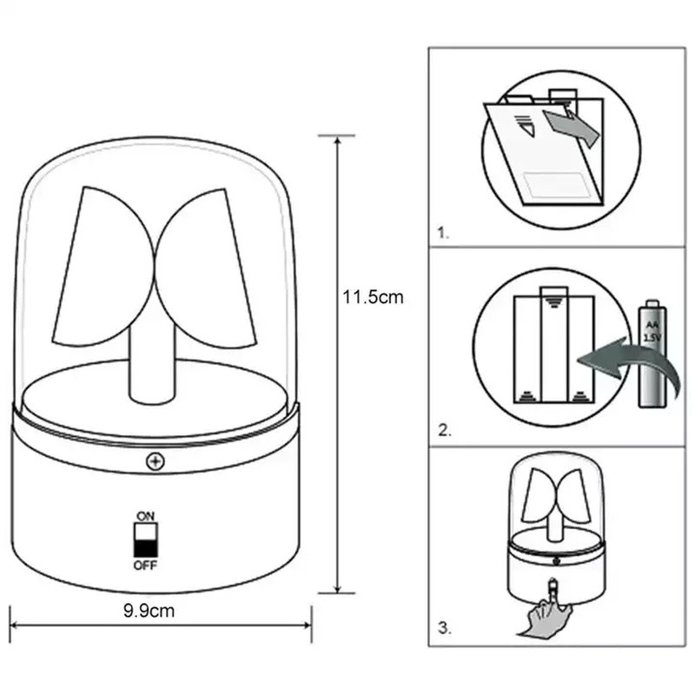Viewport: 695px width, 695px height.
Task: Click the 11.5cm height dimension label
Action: (373, 297)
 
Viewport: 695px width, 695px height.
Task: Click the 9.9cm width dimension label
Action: (149, 611)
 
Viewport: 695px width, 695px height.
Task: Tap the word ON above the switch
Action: (145, 516)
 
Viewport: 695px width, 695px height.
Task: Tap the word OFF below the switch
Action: (145, 566)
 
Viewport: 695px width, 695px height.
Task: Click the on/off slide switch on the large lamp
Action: (146, 539)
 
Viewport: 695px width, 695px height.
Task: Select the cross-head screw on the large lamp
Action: (156, 461)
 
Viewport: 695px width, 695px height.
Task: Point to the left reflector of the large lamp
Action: (103, 267)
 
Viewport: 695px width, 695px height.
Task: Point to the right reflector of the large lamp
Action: (205, 268)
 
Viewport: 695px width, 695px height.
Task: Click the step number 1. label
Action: (443, 233)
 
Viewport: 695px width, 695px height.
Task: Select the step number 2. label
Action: (445, 430)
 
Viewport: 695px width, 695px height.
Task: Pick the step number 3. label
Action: (445, 628)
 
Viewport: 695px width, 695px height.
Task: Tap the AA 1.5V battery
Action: (652, 354)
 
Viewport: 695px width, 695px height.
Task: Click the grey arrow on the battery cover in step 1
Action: (572, 126)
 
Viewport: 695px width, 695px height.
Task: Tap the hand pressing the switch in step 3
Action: (546, 612)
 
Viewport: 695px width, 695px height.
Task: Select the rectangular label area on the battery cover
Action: (555, 184)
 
